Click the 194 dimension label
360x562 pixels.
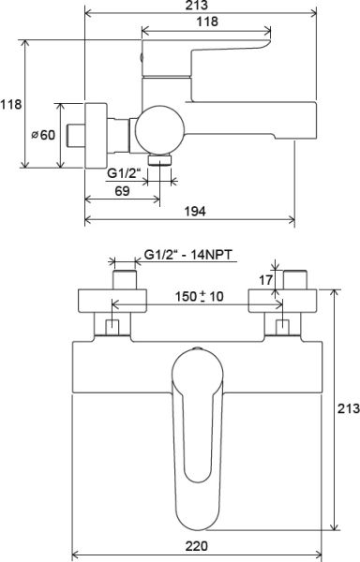(195, 211)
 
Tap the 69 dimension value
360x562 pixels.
(122, 191)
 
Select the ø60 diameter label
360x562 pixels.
(43, 135)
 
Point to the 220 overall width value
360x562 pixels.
(197, 546)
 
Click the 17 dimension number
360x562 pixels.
(265, 280)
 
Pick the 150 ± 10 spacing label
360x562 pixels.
(199, 296)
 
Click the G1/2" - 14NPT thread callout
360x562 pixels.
(187, 255)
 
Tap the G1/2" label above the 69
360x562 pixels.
(123, 173)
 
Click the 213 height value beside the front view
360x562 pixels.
(349, 408)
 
